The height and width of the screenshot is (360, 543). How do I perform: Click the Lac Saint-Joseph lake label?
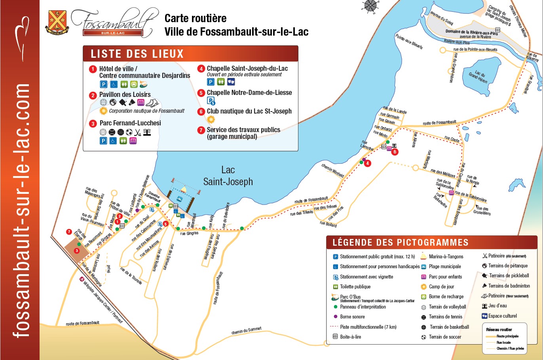(228, 176)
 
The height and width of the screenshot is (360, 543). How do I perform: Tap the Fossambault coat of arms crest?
(57, 22)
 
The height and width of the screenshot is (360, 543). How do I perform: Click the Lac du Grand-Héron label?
(478, 77)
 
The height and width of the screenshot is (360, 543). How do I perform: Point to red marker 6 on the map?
(395, 152)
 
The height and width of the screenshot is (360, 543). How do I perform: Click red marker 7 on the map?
(69, 232)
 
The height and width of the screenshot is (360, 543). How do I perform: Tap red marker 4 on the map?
(368, 163)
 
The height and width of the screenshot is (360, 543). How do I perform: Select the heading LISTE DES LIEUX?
(137, 54)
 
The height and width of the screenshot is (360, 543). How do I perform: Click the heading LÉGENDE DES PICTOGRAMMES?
(401, 243)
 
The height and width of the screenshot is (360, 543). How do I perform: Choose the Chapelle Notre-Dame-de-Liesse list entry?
(249, 93)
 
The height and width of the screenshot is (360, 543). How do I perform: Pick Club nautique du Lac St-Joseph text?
(249, 111)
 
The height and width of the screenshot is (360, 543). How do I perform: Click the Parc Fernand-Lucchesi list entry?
(130, 123)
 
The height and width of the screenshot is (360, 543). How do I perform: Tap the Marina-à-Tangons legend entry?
(446, 256)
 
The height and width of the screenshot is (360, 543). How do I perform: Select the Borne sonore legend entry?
(352, 316)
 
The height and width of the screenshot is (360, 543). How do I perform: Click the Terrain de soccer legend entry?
(445, 337)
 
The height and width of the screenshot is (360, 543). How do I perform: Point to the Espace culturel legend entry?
(502, 316)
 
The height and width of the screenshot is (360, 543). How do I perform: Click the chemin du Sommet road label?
(247, 331)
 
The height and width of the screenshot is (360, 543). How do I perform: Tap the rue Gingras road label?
(189, 233)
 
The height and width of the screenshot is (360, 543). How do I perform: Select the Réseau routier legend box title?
(499, 329)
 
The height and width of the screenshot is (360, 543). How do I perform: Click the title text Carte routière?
(196, 18)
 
